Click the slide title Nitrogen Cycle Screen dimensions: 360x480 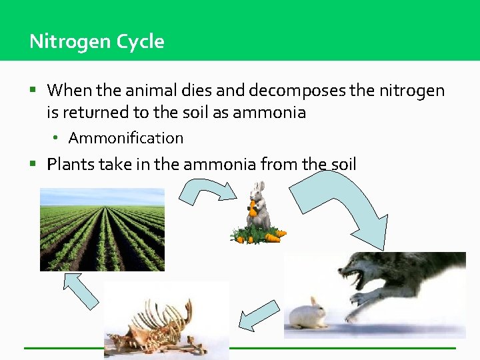pyautogui.click(x=97, y=41)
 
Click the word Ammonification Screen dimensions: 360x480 pyautogui.click(x=125, y=138)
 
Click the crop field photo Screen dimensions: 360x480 pyautogui.click(x=102, y=229)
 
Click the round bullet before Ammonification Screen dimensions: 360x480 pyautogui.click(x=58, y=138)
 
